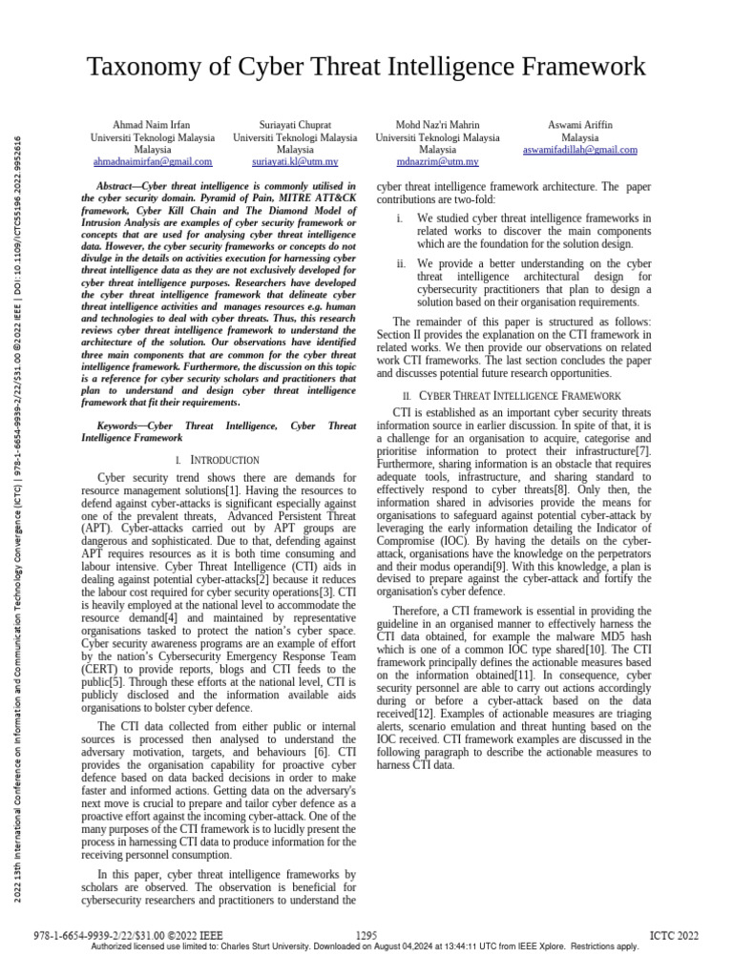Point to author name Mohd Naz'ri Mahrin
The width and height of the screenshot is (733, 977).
(437, 125)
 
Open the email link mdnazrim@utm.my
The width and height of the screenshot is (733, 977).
(437, 162)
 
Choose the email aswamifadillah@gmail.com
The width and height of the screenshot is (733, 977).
(580, 150)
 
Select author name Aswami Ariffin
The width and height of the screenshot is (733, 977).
(580, 125)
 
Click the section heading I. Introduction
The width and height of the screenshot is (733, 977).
(219, 460)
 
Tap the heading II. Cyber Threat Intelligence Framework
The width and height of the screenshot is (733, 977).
(513, 395)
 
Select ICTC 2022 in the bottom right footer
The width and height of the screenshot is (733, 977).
(674, 936)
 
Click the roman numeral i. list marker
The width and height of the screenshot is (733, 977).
(401, 218)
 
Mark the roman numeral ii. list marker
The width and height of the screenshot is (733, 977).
(402, 263)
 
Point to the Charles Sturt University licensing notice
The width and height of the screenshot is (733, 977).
(364, 947)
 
